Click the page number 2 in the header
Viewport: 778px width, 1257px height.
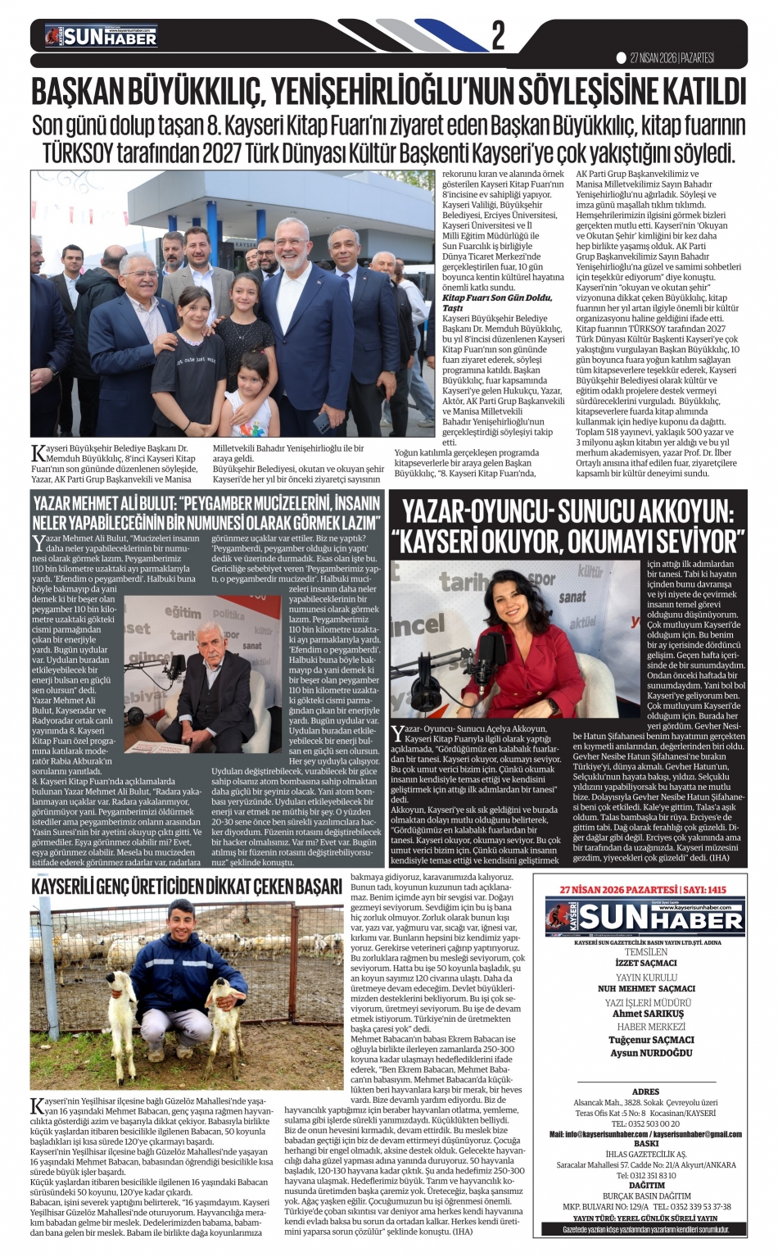coord(497,36)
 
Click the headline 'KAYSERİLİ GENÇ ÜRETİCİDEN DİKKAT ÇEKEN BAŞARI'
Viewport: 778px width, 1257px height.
coord(187,887)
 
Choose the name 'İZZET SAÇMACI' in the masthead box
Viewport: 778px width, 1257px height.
coord(645,964)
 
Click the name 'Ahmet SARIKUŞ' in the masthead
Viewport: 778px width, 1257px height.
coord(645,1014)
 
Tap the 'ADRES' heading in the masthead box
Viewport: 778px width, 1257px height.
coord(645,1091)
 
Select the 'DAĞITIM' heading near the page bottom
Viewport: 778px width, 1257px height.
coord(645,1186)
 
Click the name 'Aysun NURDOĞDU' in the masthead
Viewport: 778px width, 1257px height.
coord(645,1053)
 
